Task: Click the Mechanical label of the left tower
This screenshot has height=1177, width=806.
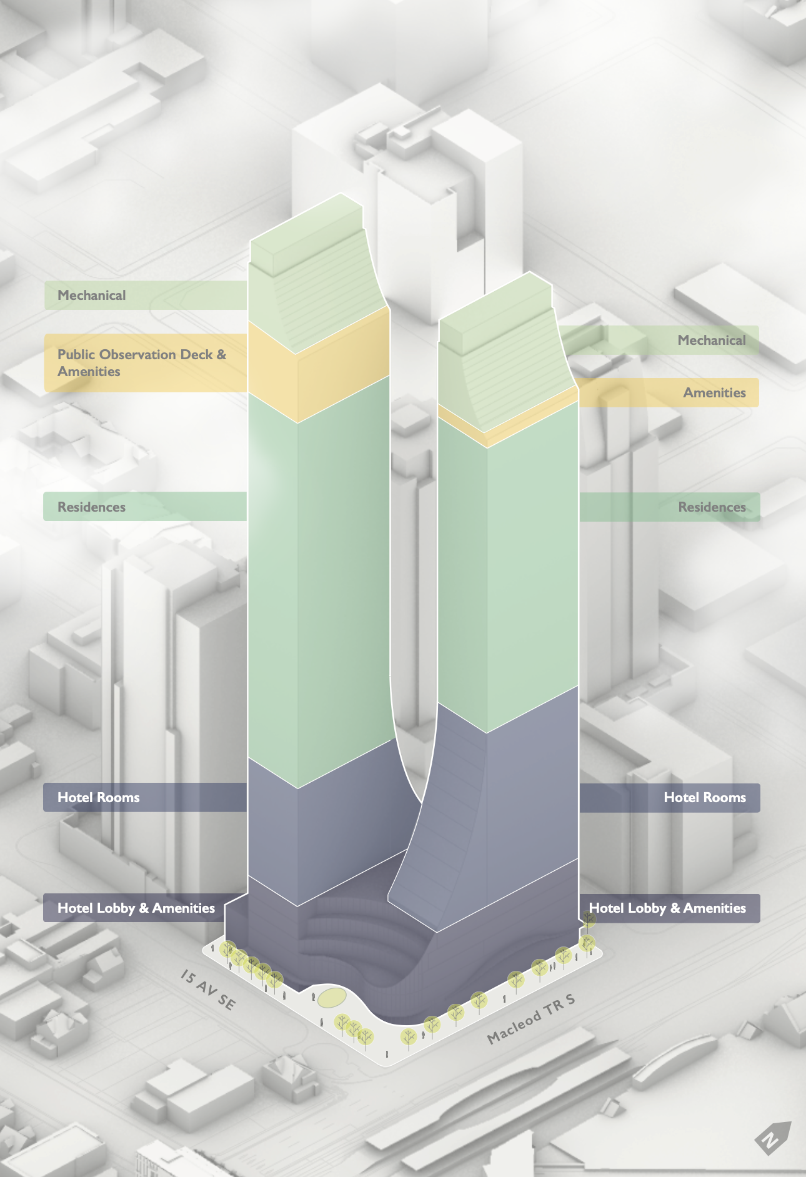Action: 92,295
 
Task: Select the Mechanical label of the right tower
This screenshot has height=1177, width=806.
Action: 711,340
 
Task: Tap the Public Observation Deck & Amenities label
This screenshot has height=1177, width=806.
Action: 141,363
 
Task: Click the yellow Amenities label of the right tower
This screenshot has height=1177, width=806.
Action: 714,393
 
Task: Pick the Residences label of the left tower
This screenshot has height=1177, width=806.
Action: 92,507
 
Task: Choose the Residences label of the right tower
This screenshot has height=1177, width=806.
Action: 712,507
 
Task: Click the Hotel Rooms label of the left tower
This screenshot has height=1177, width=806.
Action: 99,798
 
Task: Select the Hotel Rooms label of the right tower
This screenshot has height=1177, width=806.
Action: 704,798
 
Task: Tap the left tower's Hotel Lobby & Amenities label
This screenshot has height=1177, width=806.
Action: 136,908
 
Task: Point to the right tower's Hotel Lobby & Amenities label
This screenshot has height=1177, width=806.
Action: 667,908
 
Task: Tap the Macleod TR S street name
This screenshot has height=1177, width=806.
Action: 530,1019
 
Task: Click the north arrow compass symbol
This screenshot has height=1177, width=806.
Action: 773,1137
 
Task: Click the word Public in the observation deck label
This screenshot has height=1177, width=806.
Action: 76,355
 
